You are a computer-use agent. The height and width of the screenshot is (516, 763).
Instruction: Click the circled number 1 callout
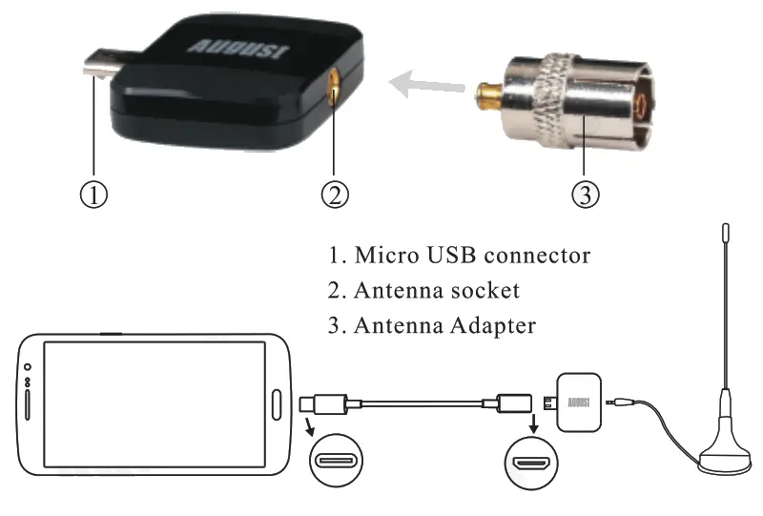click(x=93, y=194)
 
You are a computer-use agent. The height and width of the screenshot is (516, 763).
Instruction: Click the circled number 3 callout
click(x=585, y=194)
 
